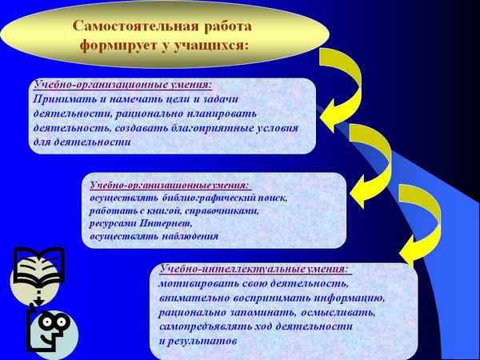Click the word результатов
205,342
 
